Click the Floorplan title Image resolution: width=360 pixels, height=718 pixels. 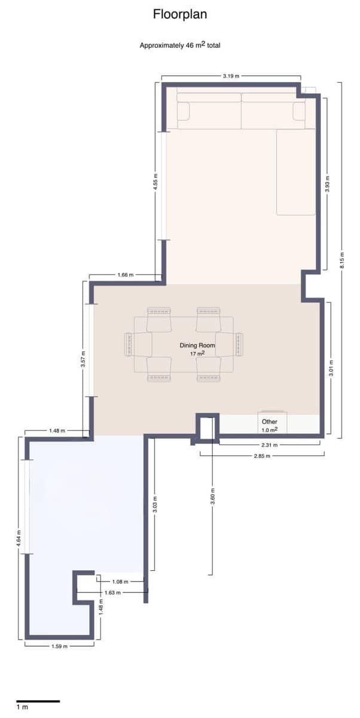[180, 14]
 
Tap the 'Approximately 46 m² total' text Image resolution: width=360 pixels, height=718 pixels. [180, 45]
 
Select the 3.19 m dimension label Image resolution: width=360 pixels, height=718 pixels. [231, 77]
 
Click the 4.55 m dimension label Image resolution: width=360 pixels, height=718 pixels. [155, 182]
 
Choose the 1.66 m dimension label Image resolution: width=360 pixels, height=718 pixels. [126, 275]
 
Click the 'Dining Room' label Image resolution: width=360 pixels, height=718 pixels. [197, 346]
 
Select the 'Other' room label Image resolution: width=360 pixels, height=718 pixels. [269, 422]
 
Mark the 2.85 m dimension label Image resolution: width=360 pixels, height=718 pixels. [262, 456]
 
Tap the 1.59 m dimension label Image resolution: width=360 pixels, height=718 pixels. [59, 647]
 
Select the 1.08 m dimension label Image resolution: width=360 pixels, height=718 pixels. [120, 582]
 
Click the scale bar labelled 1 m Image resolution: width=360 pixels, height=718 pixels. [38, 701]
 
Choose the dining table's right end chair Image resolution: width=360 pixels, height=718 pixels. [239, 345]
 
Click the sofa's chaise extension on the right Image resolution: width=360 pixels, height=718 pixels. [295, 172]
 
